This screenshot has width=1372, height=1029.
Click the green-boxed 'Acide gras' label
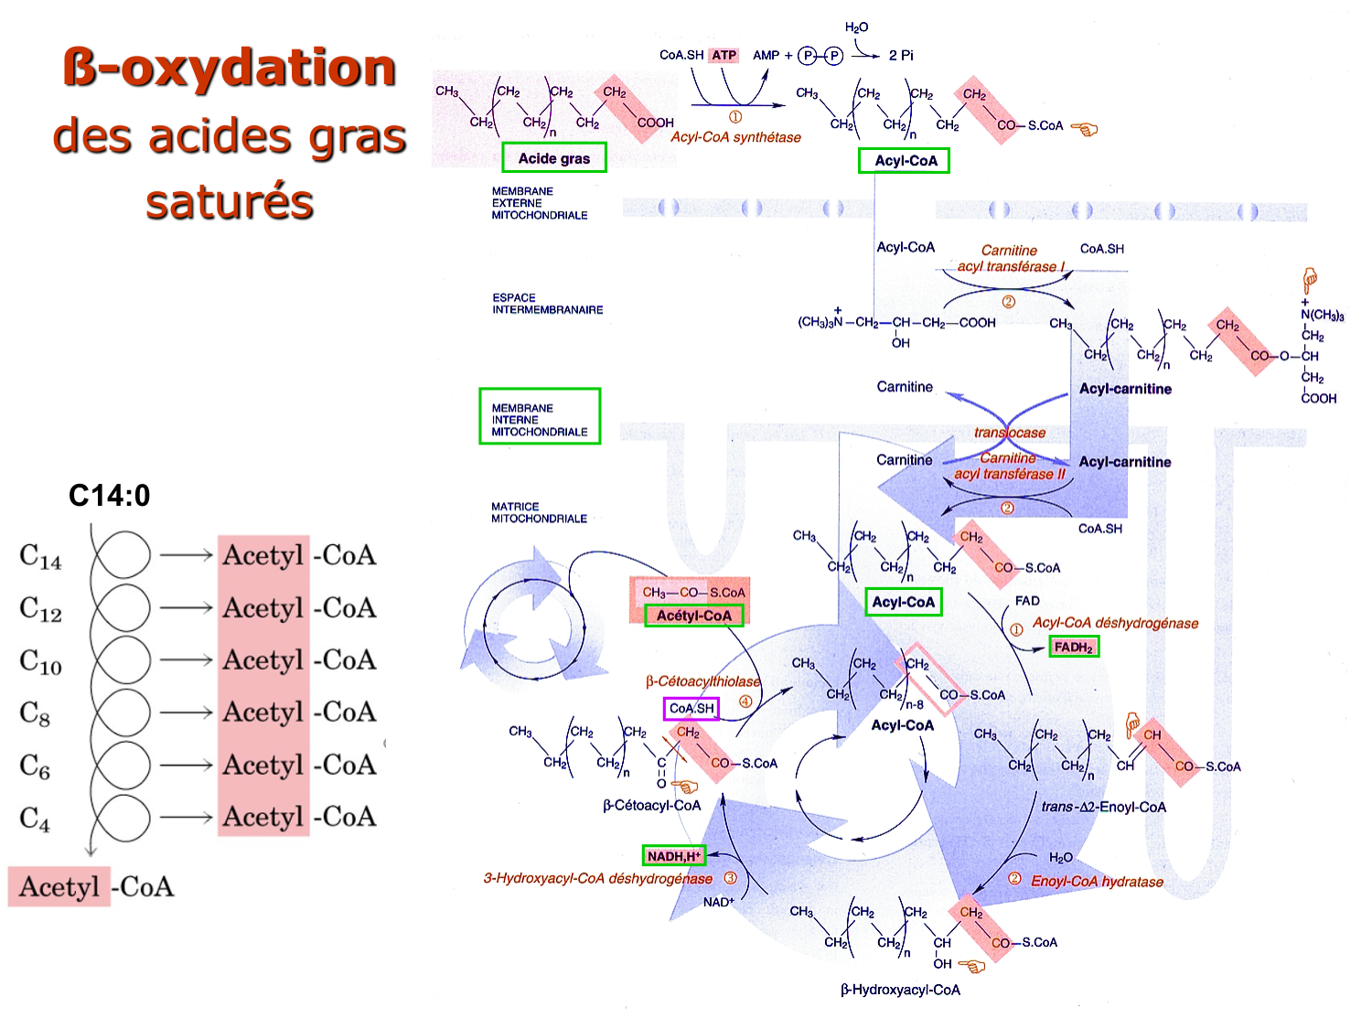click(554, 158)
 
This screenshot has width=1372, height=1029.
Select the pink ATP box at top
click(724, 55)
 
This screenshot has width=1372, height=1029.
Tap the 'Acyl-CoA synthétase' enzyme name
click(735, 137)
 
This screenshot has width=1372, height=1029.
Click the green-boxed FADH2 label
click(1073, 647)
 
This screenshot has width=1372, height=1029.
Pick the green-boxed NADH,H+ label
click(674, 856)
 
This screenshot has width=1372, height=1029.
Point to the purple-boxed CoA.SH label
click(691, 708)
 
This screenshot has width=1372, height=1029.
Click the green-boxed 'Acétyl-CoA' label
click(694, 616)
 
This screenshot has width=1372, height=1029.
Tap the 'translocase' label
click(1010, 433)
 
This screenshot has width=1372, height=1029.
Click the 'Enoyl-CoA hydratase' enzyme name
click(1097, 882)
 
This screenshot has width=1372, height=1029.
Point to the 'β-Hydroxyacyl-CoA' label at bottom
click(900, 990)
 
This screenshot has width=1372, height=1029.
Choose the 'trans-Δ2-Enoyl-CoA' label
click(1103, 807)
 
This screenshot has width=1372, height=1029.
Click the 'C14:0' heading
click(109, 496)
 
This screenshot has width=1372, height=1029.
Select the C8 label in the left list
click(35, 713)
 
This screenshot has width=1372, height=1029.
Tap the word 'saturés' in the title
click(230, 202)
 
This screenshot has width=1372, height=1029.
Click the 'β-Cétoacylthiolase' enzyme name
click(702, 681)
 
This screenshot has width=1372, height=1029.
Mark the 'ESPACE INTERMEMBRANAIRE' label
click(547, 304)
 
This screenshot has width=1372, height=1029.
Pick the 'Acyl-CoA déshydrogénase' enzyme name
click(1115, 623)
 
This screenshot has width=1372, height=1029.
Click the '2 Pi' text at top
click(901, 55)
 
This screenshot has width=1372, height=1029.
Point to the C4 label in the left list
click(35, 818)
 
